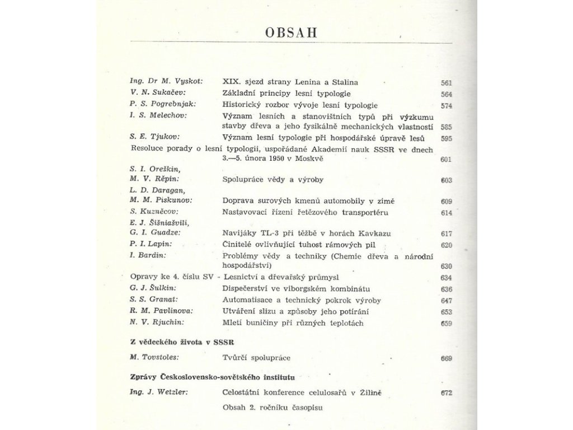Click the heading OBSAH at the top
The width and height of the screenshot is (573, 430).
[291, 31]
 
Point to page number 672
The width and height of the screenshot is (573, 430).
[446, 393]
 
